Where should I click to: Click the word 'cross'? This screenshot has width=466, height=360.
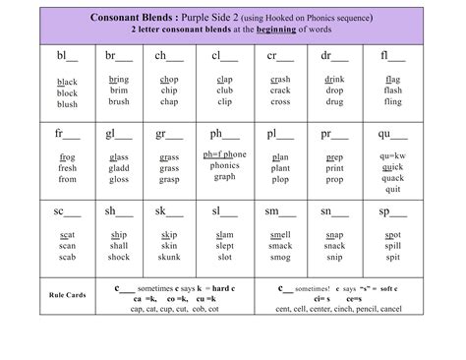(x=279, y=102)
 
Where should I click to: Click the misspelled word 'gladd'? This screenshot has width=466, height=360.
(x=119, y=168)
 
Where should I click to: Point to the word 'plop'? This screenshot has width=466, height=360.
(x=279, y=180)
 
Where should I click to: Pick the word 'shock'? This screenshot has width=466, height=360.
(x=119, y=258)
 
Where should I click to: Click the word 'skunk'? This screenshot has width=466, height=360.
(x=170, y=258)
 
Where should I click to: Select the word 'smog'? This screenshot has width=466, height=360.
(x=279, y=258)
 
